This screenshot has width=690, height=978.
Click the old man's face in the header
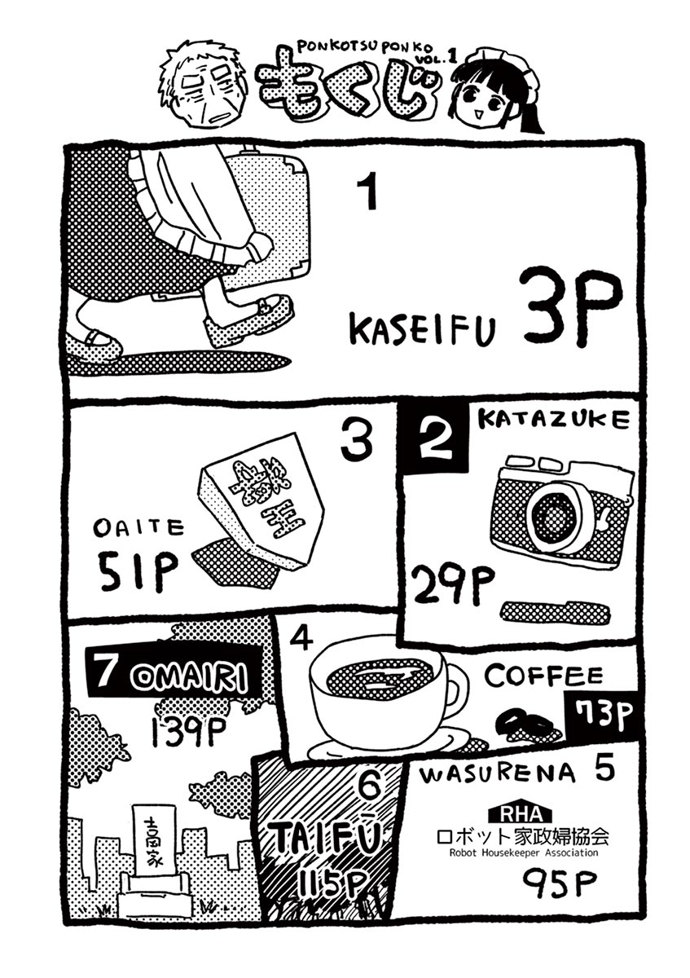(x=203, y=90)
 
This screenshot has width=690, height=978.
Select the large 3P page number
(x=570, y=306)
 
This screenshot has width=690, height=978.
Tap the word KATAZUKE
(x=553, y=420)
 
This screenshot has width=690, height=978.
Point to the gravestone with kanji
(x=156, y=848)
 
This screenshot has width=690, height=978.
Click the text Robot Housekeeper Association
(x=522, y=852)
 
